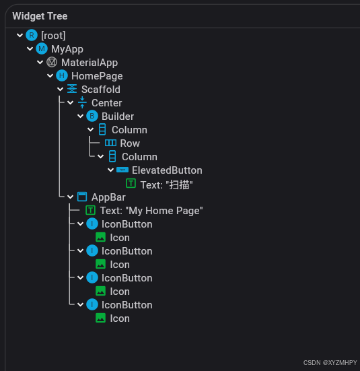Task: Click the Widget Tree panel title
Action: pos(40,15)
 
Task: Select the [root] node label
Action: pos(53,35)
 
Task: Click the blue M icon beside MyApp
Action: pos(42,48)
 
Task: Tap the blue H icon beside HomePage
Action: pos(62,76)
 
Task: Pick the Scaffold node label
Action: pos(101,90)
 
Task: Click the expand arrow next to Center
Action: pos(71,103)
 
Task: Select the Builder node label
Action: pos(118,116)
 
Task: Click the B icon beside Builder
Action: pos(92,116)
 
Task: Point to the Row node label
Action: pos(130,143)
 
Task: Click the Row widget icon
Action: pos(111,143)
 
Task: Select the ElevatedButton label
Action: pos(167,170)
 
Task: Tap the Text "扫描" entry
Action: pos(162,184)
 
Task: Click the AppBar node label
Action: pos(108,197)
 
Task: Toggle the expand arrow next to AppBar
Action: pos(71,197)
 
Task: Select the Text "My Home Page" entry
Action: pos(151,211)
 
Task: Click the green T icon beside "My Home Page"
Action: pos(91,211)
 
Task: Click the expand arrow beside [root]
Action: pos(20,35)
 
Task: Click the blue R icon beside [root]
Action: pos(32,35)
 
